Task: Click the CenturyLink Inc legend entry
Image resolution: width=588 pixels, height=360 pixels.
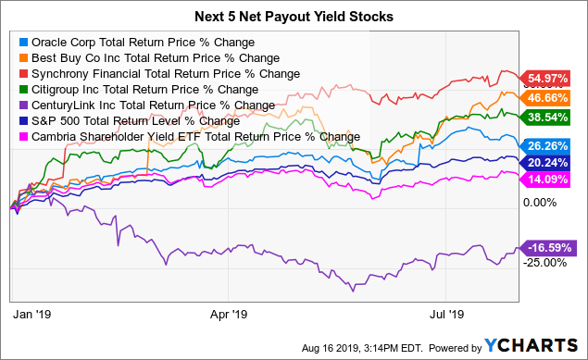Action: [x=144, y=106]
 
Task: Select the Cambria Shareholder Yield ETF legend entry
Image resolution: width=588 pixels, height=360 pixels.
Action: [x=189, y=137]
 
